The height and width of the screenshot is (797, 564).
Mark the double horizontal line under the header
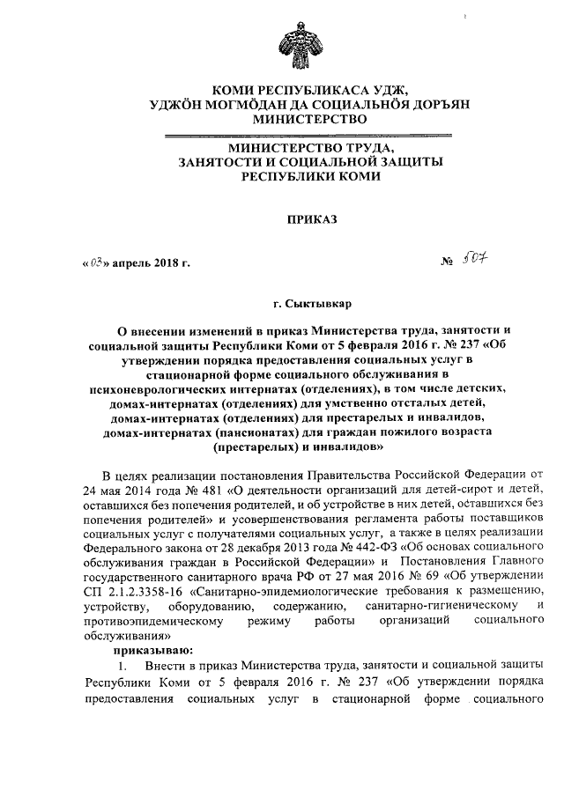click(309, 135)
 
